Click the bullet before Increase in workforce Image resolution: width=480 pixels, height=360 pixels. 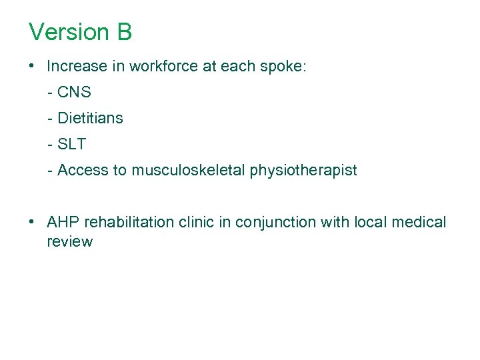32,67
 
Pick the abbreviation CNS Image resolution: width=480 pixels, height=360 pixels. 74,93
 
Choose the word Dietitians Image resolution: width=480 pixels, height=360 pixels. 90,119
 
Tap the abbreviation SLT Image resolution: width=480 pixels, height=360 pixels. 72,144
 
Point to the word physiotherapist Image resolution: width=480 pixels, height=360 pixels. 303,171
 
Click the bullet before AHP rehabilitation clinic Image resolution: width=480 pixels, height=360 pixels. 32,222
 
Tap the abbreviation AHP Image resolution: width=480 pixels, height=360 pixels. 62,222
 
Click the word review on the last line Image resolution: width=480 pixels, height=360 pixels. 69,242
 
